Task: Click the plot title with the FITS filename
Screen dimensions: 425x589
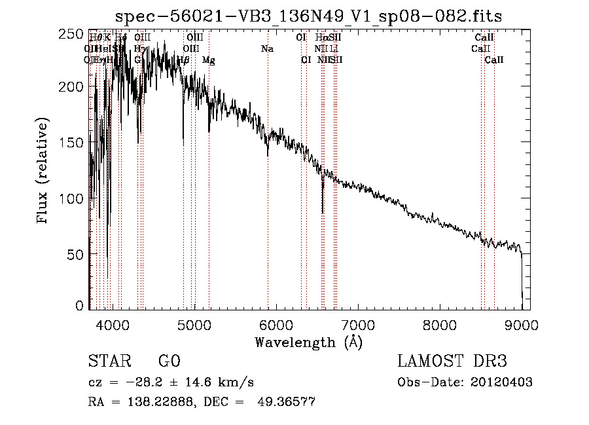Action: click(x=308, y=16)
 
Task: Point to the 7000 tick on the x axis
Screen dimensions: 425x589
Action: click(x=357, y=309)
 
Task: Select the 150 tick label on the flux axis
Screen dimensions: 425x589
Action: click(x=73, y=143)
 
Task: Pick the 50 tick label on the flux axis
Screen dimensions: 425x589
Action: click(x=77, y=253)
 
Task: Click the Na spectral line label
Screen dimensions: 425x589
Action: click(x=267, y=49)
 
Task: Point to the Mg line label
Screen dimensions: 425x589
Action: click(x=209, y=60)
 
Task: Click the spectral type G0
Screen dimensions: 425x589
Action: click(x=169, y=362)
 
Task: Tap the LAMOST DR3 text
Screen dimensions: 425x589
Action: click(x=452, y=362)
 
